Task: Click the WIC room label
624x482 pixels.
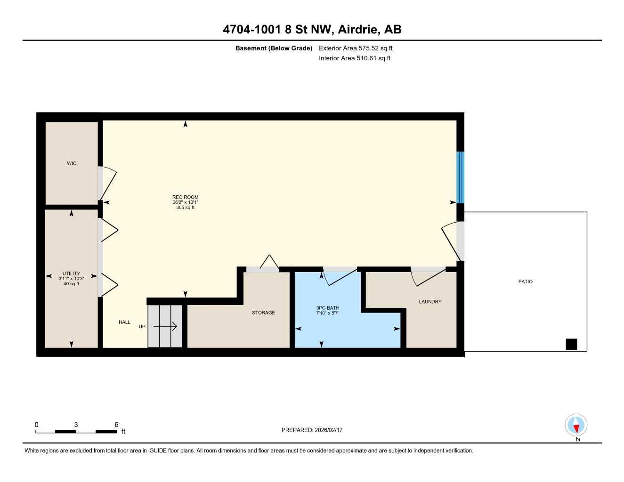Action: pos(72,163)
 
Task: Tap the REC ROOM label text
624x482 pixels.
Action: pos(185,197)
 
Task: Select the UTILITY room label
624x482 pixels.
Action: pos(71,273)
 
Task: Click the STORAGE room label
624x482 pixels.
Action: pos(263,313)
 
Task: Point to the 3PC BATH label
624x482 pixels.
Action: pos(327,308)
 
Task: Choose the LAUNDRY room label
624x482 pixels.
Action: pos(430,302)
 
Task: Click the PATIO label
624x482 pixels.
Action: pos(525,281)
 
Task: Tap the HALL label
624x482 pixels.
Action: pos(124,322)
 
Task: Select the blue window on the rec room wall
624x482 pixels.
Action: pos(460,177)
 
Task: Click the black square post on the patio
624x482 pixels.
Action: pos(571,345)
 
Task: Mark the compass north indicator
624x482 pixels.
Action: pos(576,426)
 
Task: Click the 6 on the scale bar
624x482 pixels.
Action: pos(116,425)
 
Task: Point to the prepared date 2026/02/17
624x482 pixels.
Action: pos(312,430)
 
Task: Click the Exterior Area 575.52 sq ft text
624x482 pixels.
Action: pos(356,48)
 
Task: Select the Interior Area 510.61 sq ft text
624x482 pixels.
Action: pos(355,58)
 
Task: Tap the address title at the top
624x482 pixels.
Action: pos(312,29)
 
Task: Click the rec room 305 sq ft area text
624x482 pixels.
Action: pos(185,208)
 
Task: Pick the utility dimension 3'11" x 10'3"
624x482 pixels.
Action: pos(71,279)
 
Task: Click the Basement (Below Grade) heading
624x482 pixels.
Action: pos(274,48)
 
